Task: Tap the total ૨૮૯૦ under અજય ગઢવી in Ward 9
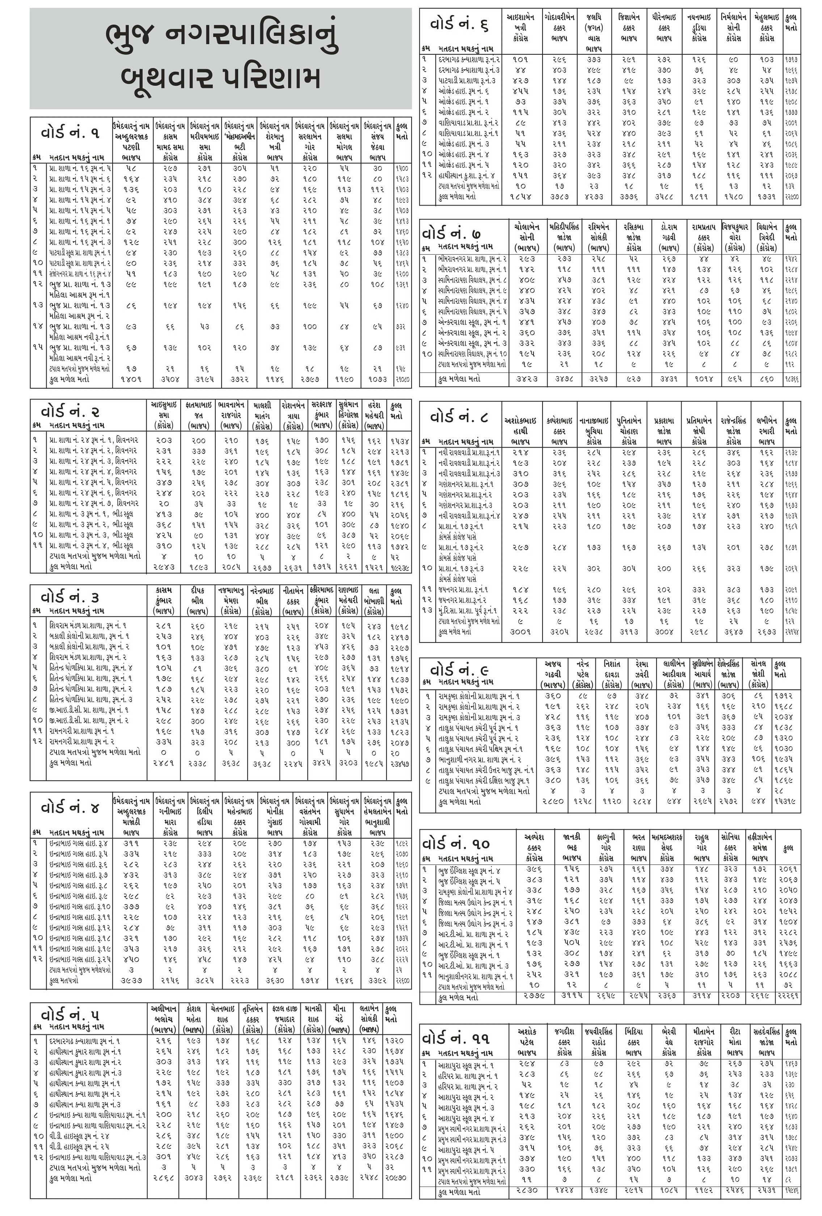552,801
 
